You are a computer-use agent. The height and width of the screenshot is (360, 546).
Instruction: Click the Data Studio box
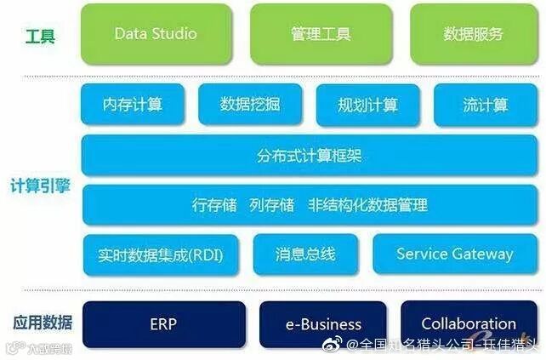(156, 34)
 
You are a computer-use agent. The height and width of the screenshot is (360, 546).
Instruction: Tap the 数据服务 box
(474, 34)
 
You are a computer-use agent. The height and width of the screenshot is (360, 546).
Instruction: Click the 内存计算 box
(133, 105)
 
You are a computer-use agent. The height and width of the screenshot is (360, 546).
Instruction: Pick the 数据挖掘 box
(250, 105)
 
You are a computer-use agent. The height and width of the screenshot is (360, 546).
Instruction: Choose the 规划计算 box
(368, 105)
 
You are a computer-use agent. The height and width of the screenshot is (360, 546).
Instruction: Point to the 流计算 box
(486, 105)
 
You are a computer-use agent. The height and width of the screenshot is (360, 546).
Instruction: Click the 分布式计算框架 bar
(310, 156)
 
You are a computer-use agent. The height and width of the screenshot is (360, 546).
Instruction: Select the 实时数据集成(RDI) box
(161, 254)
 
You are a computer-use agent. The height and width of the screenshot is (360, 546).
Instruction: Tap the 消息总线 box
(305, 254)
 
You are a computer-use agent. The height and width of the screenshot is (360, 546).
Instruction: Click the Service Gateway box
(455, 254)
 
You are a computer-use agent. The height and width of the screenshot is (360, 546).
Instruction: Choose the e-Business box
(323, 324)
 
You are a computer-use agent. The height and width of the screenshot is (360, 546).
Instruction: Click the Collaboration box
(469, 324)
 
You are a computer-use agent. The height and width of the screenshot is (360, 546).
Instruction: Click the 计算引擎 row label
(41, 186)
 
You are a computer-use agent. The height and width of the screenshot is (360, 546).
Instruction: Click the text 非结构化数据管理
(367, 205)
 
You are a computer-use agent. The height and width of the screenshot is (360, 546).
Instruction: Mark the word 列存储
(271, 205)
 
